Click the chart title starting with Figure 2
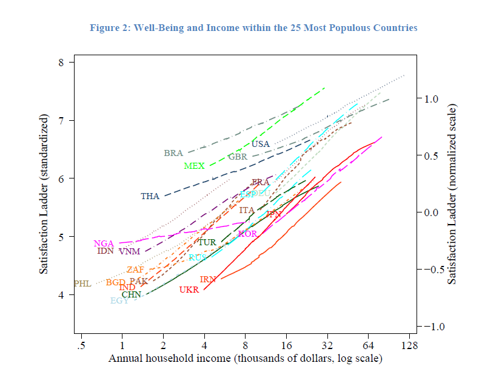pos(253,28)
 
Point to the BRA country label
pos(173,154)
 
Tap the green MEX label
pos(194,166)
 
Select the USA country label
pos(261,144)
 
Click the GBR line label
pos(238,157)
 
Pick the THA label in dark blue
pos(150,197)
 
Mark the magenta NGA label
pos(104,243)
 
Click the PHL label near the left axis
pos(82,284)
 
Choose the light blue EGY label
pos(119,301)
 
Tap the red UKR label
pos(189,290)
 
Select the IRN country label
pos(208,280)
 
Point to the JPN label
pos(273,214)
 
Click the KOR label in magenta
pos(247,234)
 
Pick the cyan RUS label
pos(197,258)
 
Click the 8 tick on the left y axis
pos(62,62)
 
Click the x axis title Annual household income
pos(245,359)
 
